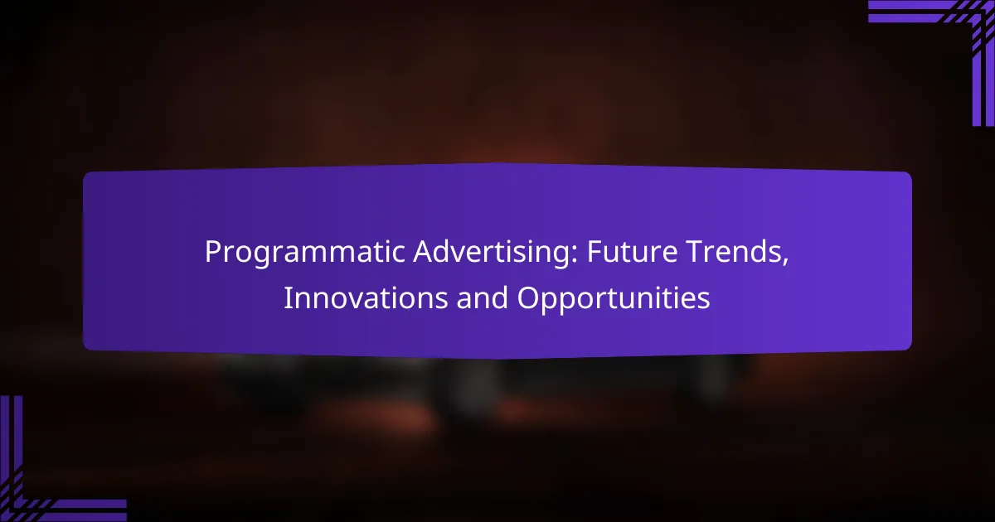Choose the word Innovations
[x=366, y=298]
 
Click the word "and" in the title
[x=483, y=298]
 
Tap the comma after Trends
[x=785, y=261]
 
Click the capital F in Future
[x=595, y=252]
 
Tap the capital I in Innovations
[x=287, y=298]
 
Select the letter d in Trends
[x=758, y=252]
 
